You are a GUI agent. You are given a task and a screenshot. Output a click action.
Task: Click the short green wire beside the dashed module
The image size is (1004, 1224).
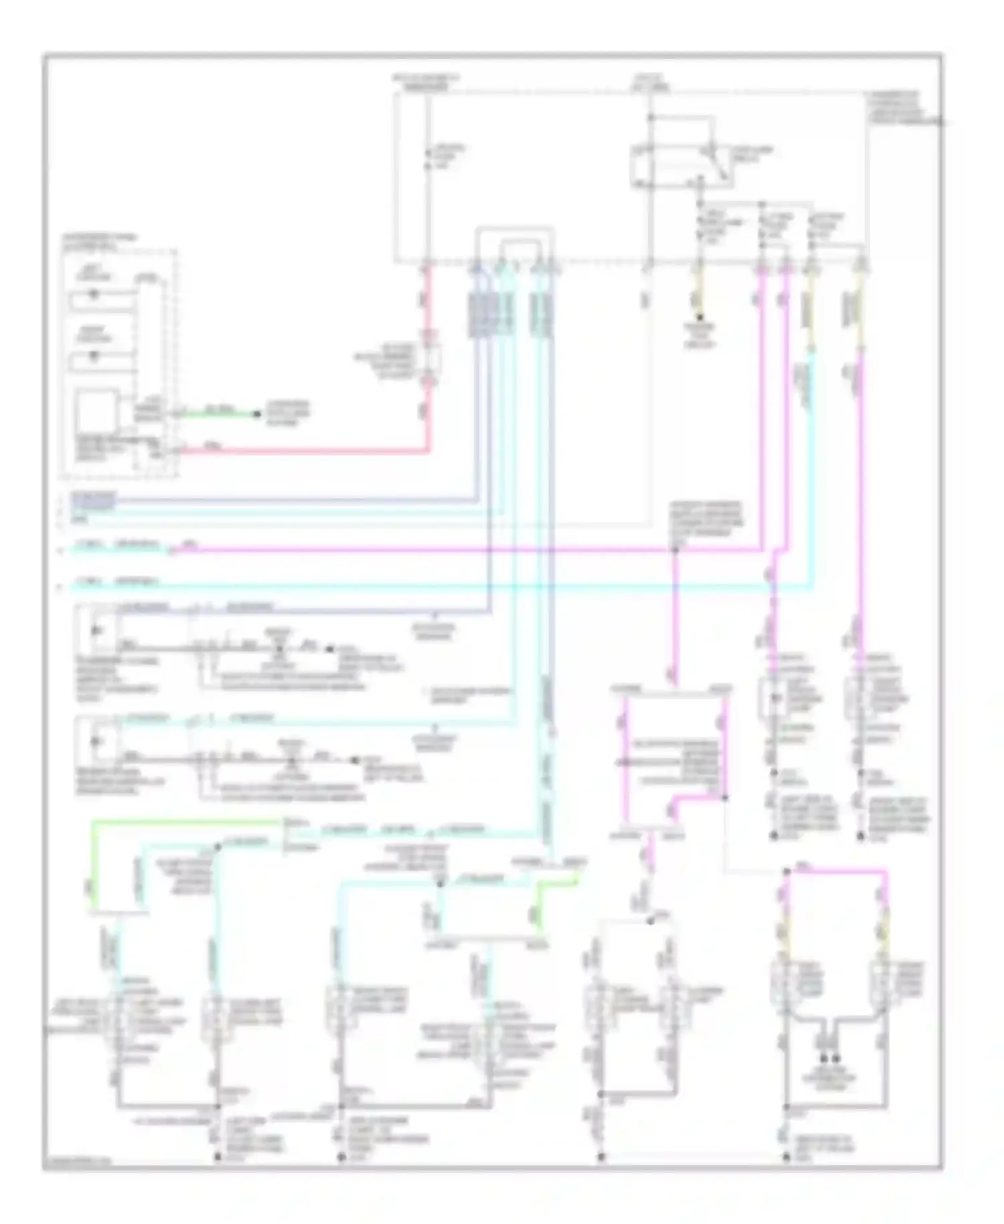coord(218,414)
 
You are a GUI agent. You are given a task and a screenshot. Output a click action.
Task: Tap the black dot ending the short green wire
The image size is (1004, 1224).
coord(256,414)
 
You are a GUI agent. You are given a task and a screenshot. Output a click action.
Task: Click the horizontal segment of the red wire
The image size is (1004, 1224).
coord(301,451)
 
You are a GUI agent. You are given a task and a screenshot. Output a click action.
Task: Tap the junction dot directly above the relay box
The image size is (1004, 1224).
coord(650,118)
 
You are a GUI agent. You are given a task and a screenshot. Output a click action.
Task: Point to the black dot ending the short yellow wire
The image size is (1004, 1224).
coord(699,317)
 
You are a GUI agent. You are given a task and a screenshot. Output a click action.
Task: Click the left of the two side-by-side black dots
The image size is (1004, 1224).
coord(824,1059)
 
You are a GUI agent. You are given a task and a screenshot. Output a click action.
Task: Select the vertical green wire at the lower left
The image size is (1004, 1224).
coord(93,864)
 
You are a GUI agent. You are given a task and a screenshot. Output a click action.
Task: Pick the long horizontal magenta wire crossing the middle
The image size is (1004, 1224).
coord(469,550)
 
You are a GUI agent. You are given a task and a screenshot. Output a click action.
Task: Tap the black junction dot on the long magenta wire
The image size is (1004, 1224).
coord(675,550)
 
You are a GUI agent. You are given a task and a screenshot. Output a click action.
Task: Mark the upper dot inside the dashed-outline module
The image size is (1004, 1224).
coord(94,294)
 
